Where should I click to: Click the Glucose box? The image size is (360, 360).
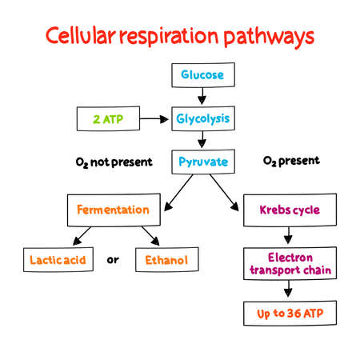point(202,76)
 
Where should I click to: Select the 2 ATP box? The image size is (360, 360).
point(107,119)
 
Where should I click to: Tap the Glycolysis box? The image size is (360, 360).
point(202,119)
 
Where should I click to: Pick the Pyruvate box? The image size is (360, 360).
point(202,162)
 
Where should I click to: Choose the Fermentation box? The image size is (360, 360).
point(113,210)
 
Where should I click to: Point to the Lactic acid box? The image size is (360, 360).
point(58,259)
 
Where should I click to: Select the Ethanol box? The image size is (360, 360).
point(167,259)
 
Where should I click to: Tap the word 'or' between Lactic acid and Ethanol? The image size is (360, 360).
point(113,259)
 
